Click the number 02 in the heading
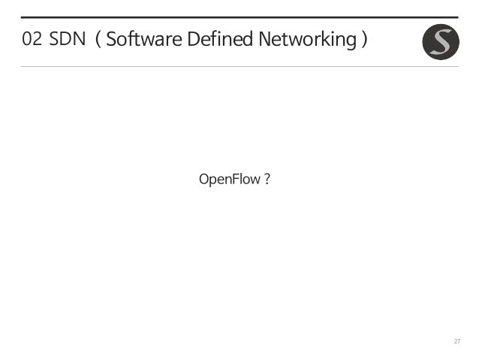tap(32, 40)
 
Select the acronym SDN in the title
tap(68, 40)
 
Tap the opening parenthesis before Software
tap(98, 40)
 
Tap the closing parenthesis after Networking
tap(363, 40)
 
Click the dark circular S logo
tap(441, 42)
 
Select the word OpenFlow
tap(229, 180)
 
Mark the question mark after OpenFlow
tap(267, 180)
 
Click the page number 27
tap(456, 342)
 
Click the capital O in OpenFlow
tap(203, 180)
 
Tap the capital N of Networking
tap(264, 40)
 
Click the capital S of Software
tap(111, 40)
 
